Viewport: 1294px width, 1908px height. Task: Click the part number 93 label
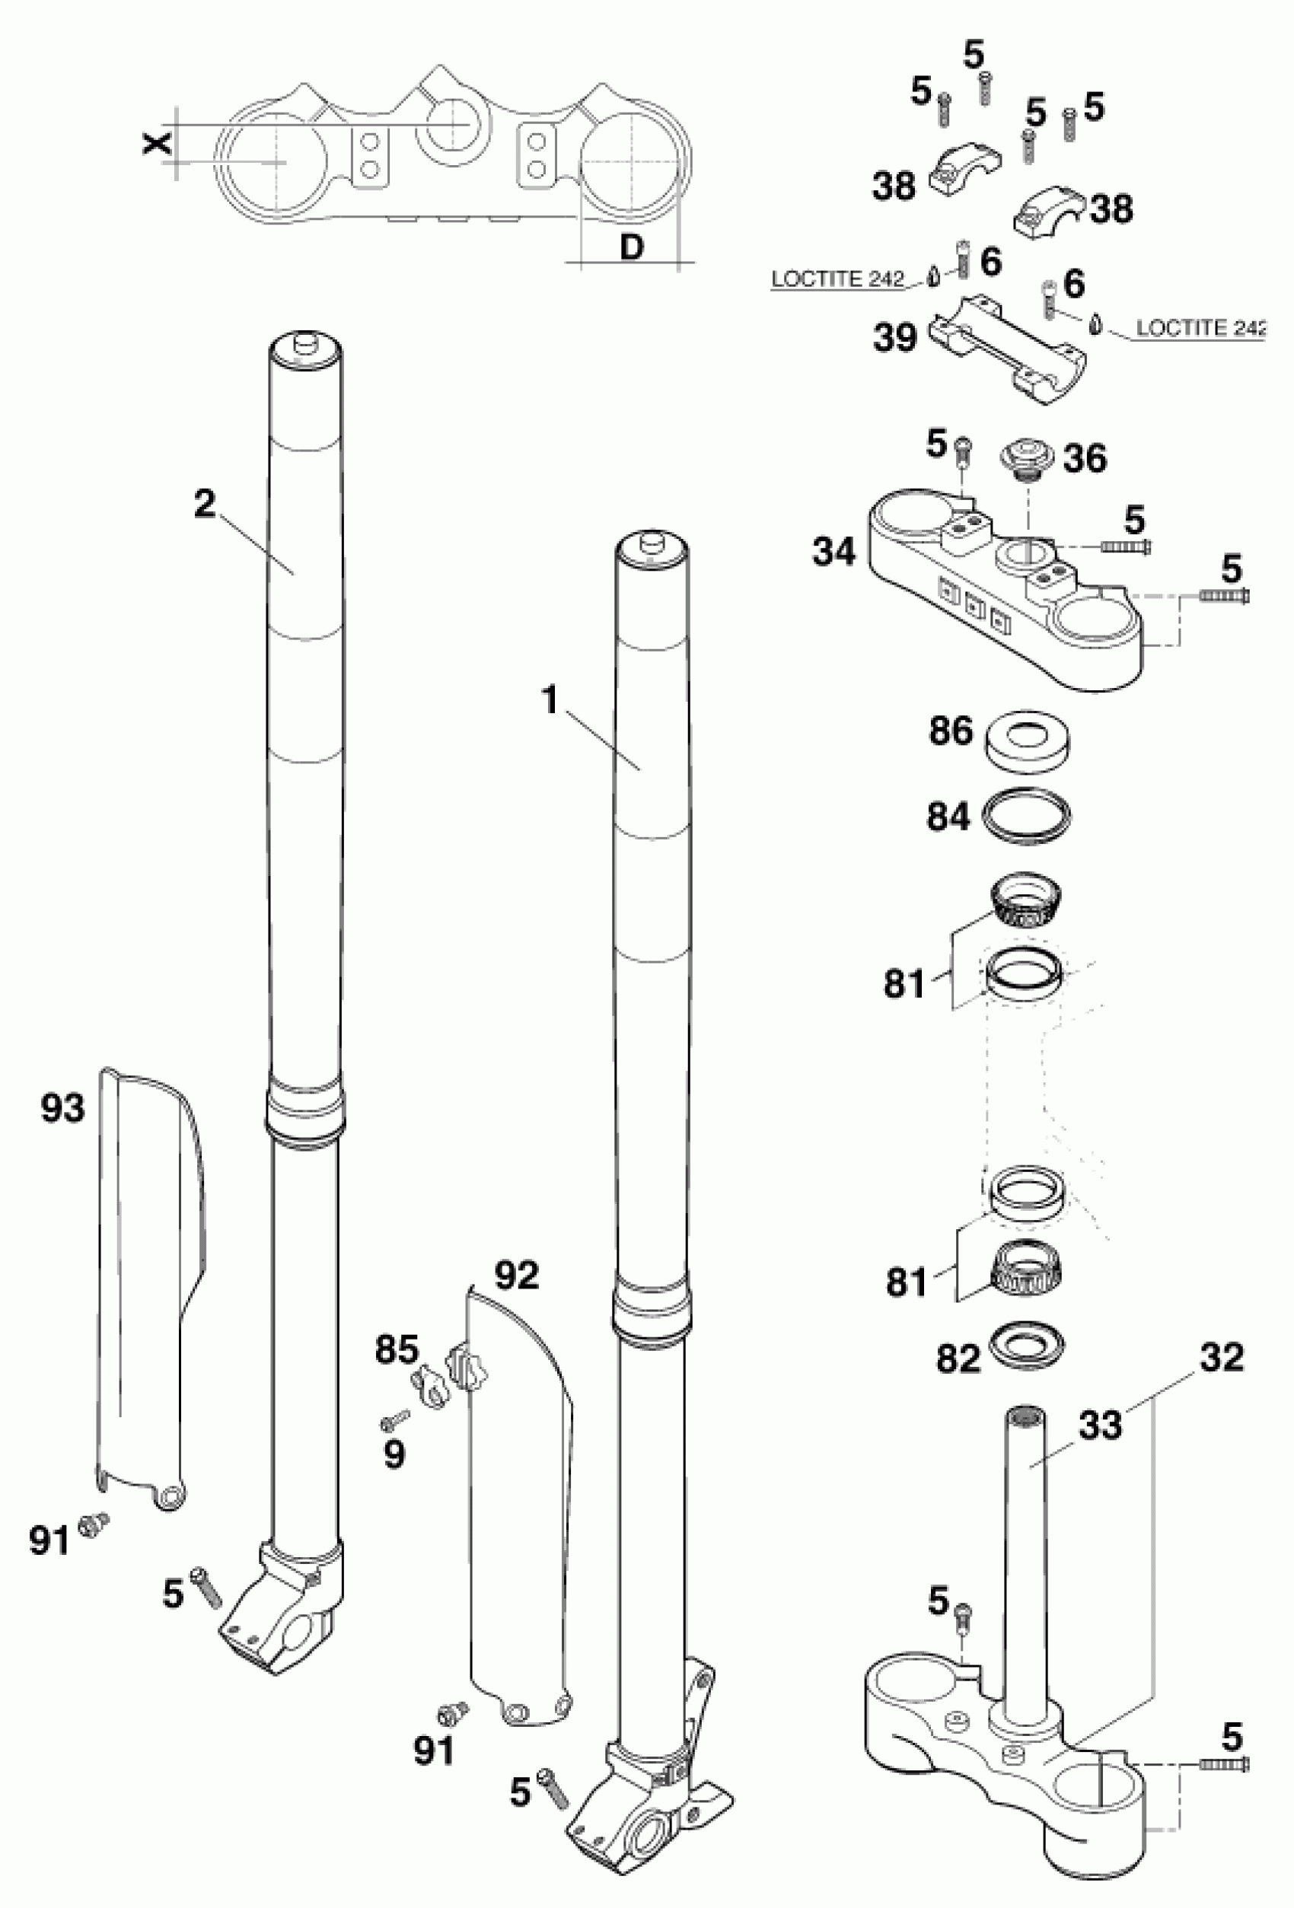[x=63, y=1109]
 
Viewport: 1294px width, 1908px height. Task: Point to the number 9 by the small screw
[x=395, y=1456]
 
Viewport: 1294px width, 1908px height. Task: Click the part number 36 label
[x=1085, y=459]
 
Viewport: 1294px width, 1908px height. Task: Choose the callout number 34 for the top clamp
[x=834, y=552]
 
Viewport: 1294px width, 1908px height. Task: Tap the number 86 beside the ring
[x=951, y=731]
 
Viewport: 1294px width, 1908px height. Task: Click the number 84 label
[x=949, y=817]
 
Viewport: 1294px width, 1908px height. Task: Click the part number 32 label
[x=1222, y=1358]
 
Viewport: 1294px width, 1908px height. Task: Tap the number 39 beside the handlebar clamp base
[x=895, y=337]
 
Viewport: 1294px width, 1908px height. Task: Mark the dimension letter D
[x=630, y=247]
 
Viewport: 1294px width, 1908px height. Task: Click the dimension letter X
[x=157, y=144]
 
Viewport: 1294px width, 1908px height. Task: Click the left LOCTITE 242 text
[x=837, y=280]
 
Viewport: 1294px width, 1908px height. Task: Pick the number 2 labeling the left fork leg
[x=205, y=504]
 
